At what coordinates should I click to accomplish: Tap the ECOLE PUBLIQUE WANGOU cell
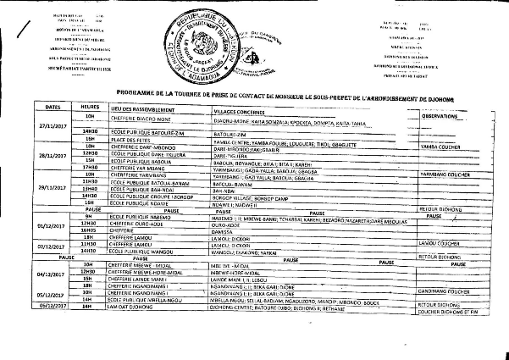pyautogui.click(x=139, y=252)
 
